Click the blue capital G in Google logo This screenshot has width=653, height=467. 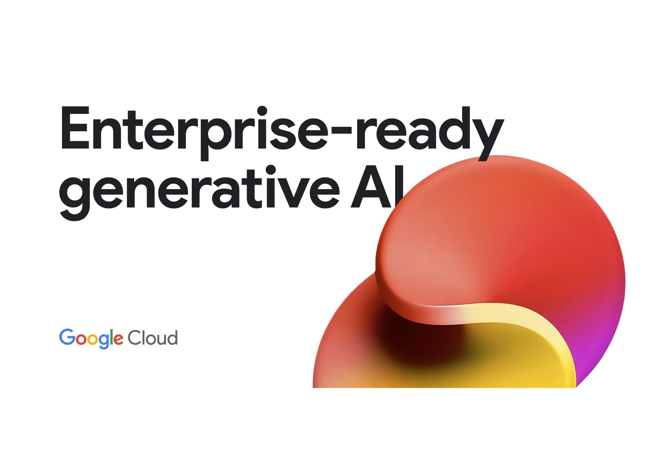(x=67, y=337)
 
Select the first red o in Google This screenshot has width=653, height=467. (x=81, y=339)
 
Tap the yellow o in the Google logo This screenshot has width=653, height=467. (x=93, y=339)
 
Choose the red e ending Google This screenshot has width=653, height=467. (x=118, y=339)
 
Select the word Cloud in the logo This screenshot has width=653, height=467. (x=153, y=338)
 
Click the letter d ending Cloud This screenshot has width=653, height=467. (x=173, y=338)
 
